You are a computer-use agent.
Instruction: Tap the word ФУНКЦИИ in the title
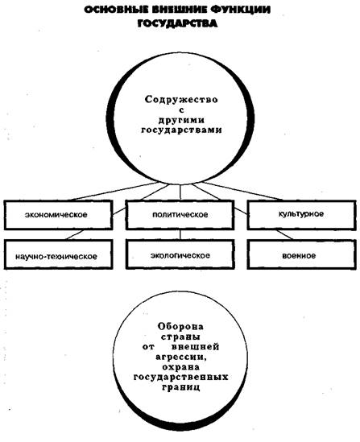point(241,10)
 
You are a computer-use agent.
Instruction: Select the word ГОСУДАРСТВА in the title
point(177,23)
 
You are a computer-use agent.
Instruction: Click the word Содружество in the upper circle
point(181,100)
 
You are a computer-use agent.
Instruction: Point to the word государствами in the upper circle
point(181,130)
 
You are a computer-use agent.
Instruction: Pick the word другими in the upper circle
point(181,121)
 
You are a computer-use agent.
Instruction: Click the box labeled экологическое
point(180,254)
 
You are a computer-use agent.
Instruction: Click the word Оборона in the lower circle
point(180,326)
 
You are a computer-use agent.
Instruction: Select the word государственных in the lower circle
point(180,377)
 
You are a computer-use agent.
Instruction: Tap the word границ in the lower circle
point(181,387)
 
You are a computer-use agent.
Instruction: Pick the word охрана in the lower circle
point(180,367)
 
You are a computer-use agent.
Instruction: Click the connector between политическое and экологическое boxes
point(180,235)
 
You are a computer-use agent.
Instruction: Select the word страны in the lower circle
point(180,337)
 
